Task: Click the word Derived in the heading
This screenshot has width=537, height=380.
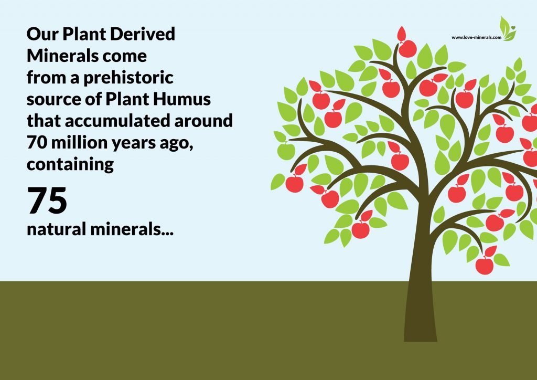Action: pyautogui.click(x=143, y=34)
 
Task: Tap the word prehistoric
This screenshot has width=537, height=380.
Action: pyautogui.click(x=128, y=78)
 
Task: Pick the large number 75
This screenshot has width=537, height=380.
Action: pyautogui.click(x=47, y=201)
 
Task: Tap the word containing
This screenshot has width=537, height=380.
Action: pyautogui.click(x=70, y=165)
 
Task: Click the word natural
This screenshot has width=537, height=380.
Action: pyautogui.click(x=56, y=229)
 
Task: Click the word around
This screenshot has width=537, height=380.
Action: pyautogui.click(x=203, y=121)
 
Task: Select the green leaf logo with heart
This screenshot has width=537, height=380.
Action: pyautogui.click(x=508, y=29)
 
